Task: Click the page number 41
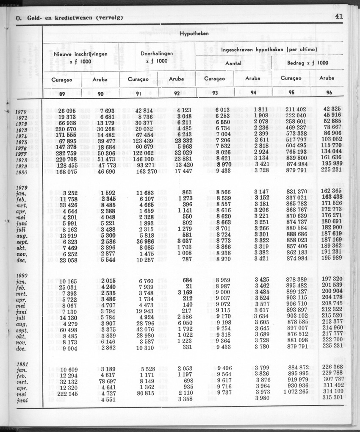338,17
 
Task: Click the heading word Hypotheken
194,33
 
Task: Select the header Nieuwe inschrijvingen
80,54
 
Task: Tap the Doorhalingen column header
157,54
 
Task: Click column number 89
62,93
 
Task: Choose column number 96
329,93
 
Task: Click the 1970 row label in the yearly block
21,112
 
